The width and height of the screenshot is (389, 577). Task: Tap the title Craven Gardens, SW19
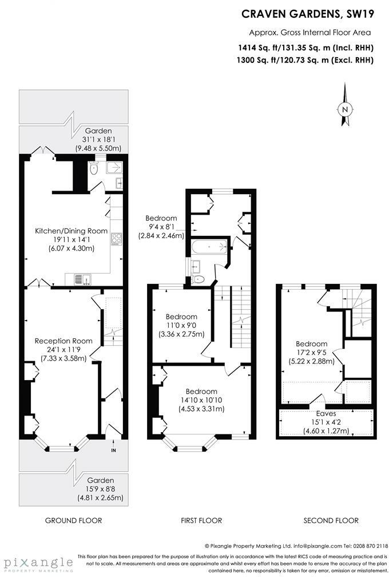[x=307, y=13]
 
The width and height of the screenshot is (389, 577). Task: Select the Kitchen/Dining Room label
[x=71, y=231]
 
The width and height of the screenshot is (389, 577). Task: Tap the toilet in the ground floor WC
[x=95, y=167]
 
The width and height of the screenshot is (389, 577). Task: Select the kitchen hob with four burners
[x=116, y=239]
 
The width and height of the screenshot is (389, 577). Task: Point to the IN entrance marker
[x=113, y=450]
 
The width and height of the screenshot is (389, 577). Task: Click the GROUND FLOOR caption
[x=73, y=520]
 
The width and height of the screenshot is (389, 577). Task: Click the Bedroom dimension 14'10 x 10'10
[x=201, y=400]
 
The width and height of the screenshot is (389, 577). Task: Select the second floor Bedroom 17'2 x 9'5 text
[x=312, y=353]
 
